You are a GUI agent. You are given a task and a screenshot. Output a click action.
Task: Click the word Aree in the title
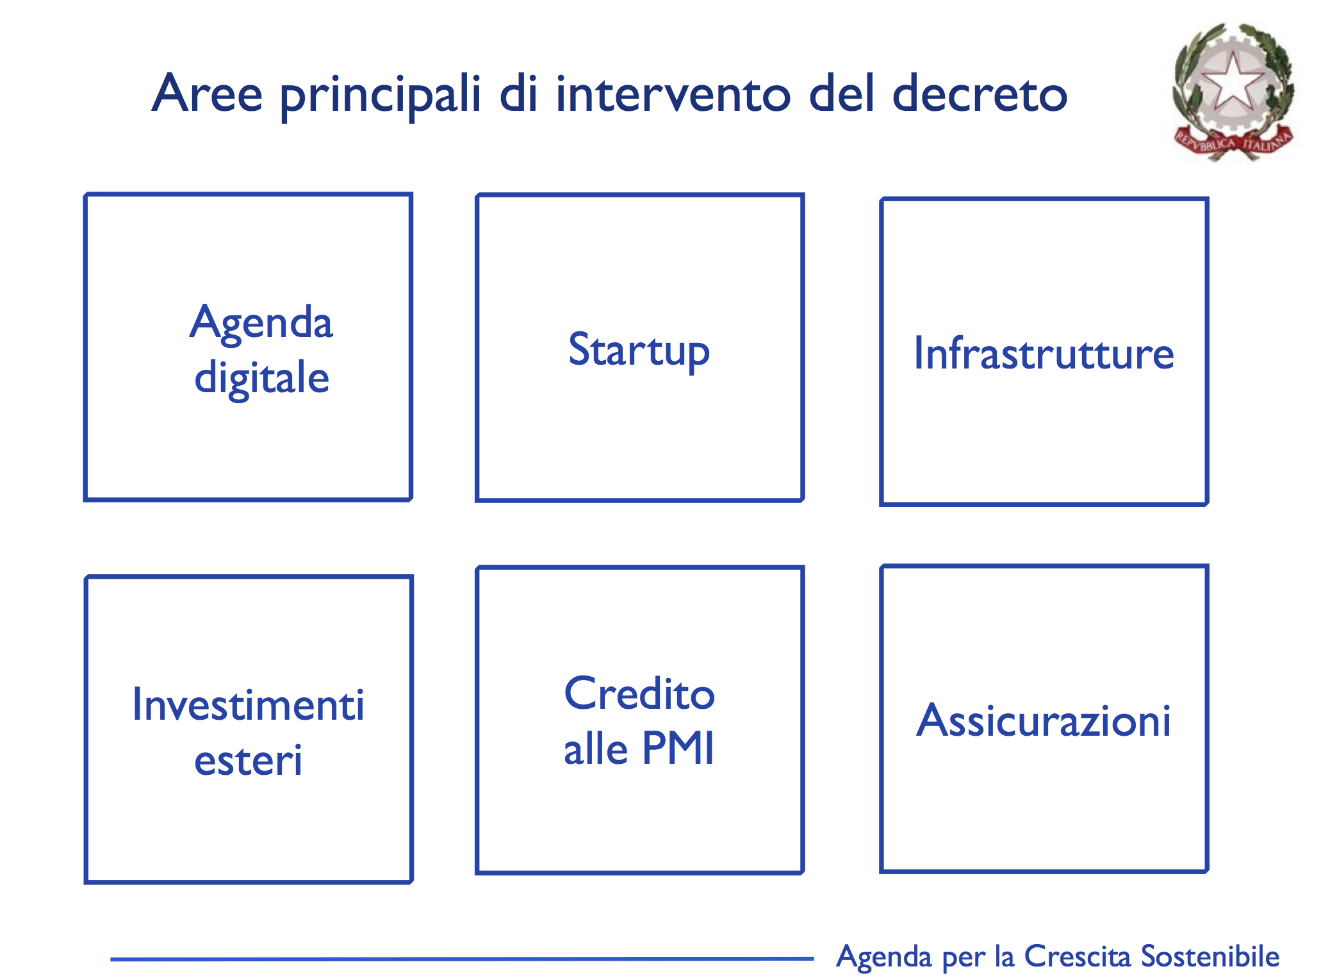click(x=207, y=93)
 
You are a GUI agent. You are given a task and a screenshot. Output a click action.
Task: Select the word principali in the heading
click(x=381, y=96)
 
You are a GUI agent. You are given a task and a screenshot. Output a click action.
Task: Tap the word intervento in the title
click(x=673, y=94)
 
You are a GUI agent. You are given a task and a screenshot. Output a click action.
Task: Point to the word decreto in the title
click(x=980, y=94)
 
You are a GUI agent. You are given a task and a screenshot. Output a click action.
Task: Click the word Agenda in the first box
click(x=261, y=324)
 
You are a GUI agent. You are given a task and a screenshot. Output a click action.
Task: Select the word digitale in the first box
click(x=262, y=378)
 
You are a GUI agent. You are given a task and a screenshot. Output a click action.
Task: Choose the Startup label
click(x=639, y=351)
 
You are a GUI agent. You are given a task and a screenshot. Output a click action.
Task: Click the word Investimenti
click(x=249, y=705)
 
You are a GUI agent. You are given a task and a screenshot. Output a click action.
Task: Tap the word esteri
click(x=249, y=760)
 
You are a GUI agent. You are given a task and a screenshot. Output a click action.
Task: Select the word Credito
click(x=639, y=693)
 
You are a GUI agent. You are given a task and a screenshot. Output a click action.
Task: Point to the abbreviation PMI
click(x=678, y=748)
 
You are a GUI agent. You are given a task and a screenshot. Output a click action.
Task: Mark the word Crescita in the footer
click(x=1078, y=956)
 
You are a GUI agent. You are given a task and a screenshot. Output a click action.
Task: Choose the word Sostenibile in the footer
click(x=1210, y=956)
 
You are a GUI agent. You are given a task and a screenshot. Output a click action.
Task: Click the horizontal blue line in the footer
click(x=462, y=959)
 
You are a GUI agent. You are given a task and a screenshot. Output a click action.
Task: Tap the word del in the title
click(x=841, y=93)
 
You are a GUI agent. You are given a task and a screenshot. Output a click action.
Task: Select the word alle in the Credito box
click(x=596, y=748)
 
